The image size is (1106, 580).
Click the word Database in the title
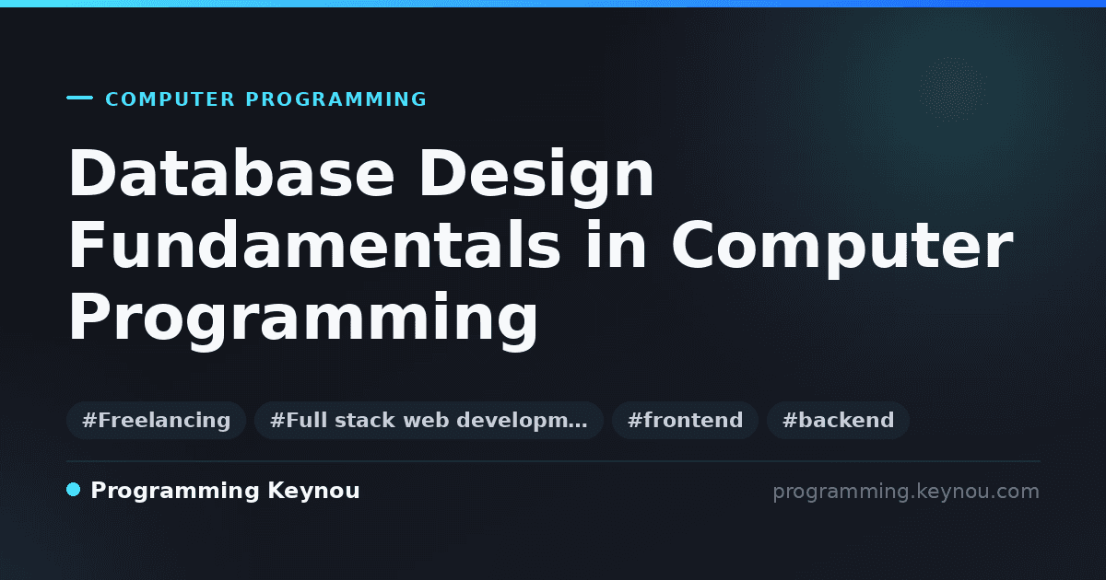point(231,173)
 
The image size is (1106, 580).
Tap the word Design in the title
point(536,178)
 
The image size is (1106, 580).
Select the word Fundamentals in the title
point(314,245)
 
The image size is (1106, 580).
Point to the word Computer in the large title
point(841,249)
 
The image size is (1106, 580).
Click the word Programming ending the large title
point(302,320)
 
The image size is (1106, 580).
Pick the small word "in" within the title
point(616,245)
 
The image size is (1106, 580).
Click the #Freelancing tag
point(156,420)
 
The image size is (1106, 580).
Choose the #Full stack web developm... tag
point(429,420)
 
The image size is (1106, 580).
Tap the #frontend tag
point(685,420)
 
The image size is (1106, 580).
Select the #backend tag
point(838,420)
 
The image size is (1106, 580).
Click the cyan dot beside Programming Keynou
point(73,490)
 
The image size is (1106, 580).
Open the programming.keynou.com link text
point(906,492)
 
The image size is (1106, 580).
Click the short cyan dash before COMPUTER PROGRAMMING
point(79,98)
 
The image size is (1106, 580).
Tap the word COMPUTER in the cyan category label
point(170,99)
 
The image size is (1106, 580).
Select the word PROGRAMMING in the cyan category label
point(335,99)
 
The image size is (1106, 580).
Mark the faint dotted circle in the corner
point(952,89)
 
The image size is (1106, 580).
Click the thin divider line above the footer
point(553,461)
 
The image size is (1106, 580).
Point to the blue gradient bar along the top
point(553,4)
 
